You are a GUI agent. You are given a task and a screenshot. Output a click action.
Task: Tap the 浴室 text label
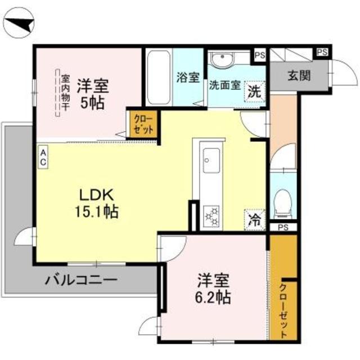pyautogui.click(x=187, y=78)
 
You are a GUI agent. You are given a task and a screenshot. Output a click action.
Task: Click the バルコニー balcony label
pyautogui.click(x=81, y=278)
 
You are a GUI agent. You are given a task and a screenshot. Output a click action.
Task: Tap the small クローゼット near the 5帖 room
pyautogui.click(x=139, y=123)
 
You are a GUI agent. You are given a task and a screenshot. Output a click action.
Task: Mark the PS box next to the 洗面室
pyautogui.click(x=259, y=55)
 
